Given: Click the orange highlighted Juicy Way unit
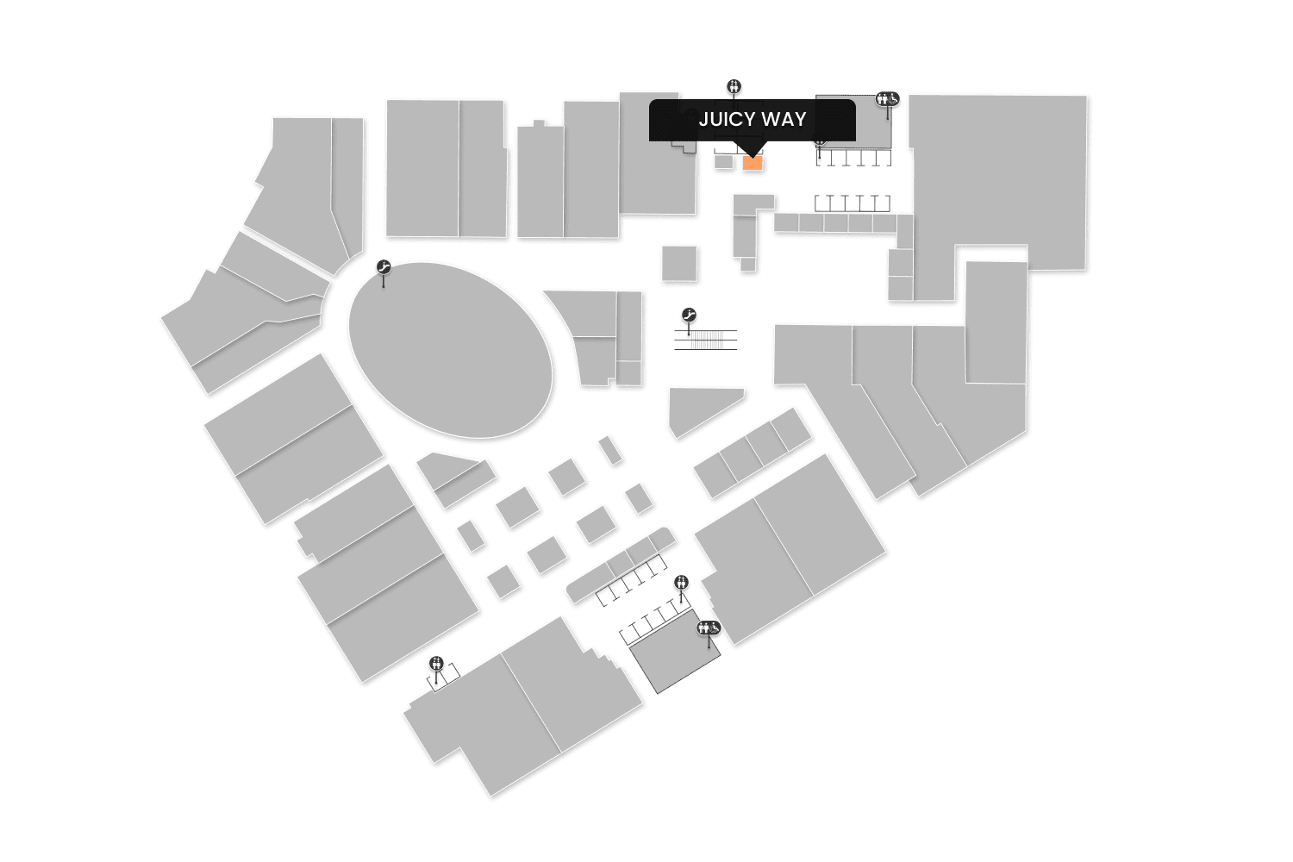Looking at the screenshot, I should [x=753, y=164].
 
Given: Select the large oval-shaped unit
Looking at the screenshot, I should [x=450, y=350].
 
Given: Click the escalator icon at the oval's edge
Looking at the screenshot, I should [x=384, y=269].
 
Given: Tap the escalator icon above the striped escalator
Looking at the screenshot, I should [x=689, y=315].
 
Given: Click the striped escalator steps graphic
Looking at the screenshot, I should [x=706, y=339].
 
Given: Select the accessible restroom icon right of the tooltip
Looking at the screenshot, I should [x=888, y=99].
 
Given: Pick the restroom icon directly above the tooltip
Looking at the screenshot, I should [x=734, y=86].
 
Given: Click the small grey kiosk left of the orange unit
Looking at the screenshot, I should [x=723, y=161].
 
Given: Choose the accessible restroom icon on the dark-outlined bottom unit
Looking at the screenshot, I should [x=709, y=628].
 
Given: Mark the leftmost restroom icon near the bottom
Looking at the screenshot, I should [x=437, y=664].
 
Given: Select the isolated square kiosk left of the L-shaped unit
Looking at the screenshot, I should [x=679, y=263].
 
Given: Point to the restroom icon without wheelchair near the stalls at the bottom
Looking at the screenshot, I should [x=682, y=582].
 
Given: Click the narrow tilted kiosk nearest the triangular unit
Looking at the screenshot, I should [x=611, y=450].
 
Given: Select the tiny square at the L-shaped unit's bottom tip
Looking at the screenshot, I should [x=748, y=265].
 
